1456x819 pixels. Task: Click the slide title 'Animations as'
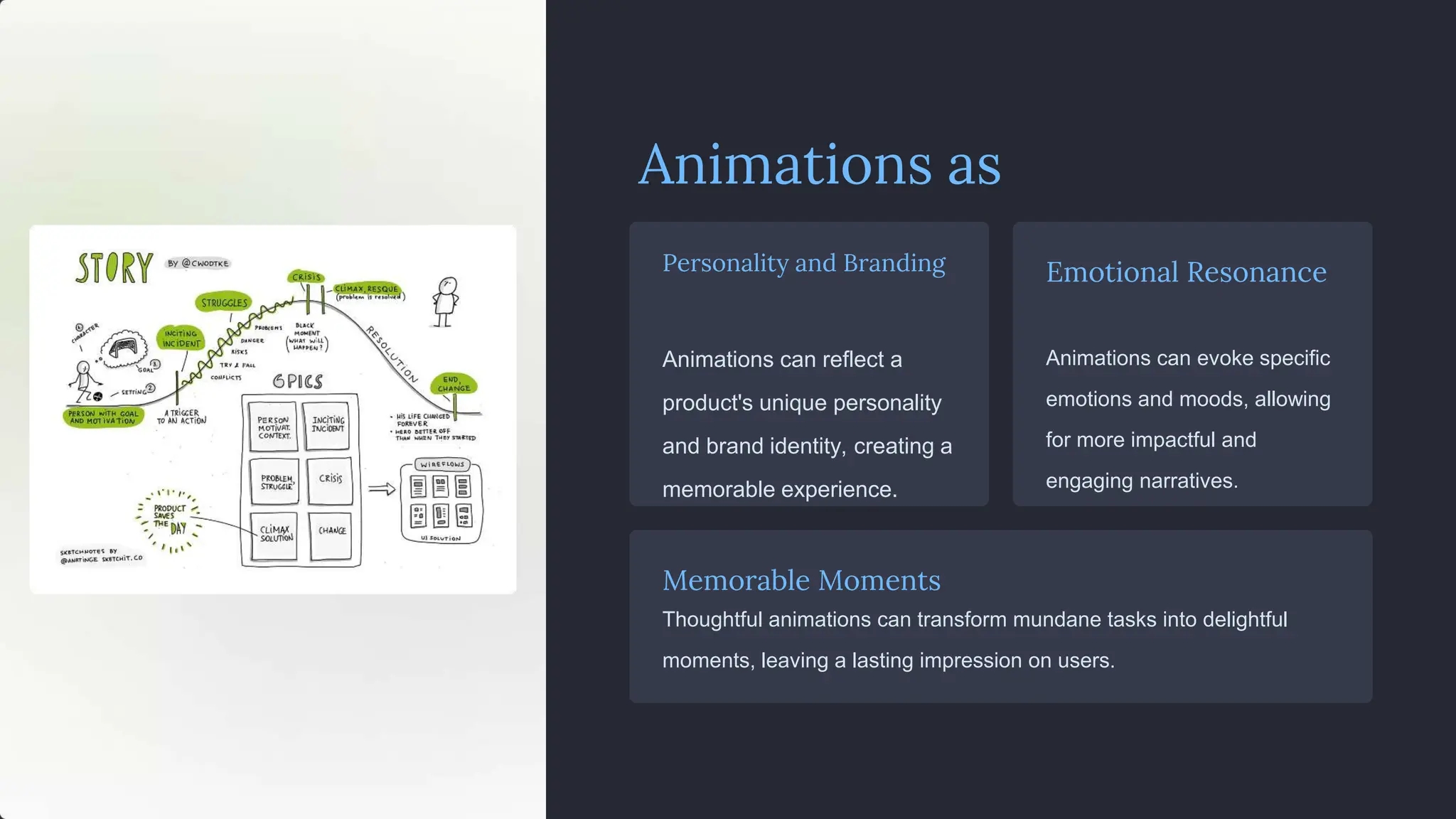tap(819, 165)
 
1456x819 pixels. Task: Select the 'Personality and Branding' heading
tap(803, 263)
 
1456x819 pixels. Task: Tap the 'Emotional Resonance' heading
tap(1186, 272)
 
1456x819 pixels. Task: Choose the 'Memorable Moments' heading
tap(801, 581)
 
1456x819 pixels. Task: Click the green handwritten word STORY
tap(114, 268)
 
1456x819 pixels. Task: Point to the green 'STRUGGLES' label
tap(224, 303)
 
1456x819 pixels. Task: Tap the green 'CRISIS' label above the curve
tap(306, 277)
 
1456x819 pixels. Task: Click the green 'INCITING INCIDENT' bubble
tap(181, 338)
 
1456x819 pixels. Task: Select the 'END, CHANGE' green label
tap(454, 384)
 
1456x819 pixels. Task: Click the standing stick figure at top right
tap(446, 301)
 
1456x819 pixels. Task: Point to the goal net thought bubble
tap(124, 348)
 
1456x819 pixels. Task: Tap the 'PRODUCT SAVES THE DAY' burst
tap(170, 520)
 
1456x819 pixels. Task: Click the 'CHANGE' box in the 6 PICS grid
tap(332, 531)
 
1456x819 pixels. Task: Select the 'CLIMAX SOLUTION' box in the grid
tap(276, 534)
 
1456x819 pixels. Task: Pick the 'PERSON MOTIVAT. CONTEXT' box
tap(274, 427)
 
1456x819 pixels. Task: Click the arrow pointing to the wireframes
tap(382, 489)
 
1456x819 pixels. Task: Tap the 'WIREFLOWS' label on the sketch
tap(442, 464)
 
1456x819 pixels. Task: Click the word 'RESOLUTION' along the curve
tap(392, 354)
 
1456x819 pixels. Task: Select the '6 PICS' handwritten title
tap(298, 382)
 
